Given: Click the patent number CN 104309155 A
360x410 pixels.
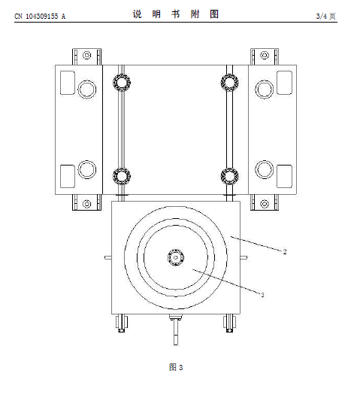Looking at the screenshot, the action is click(x=40, y=17).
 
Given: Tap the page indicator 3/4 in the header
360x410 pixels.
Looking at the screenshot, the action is click(x=322, y=17).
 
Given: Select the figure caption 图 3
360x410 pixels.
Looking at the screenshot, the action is click(x=176, y=367).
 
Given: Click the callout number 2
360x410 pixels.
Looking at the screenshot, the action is click(x=285, y=251).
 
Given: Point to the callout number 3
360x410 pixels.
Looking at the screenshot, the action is click(x=262, y=295).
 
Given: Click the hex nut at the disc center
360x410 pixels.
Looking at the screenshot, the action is click(x=176, y=257).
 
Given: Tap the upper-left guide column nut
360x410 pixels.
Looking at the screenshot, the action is click(x=122, y=83).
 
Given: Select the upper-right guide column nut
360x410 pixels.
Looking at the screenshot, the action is click(x=229, y=83).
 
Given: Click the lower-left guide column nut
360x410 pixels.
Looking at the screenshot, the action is click(x=122, y=176).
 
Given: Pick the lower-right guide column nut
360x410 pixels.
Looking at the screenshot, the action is click(x=229, y=176).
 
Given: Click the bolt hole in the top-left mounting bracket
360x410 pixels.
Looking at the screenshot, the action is click(x=86, y=55).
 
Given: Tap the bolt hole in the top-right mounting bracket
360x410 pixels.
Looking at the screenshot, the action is click(x=265, y=55).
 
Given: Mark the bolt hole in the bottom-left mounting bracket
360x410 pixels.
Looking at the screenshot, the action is click(x=86, y=204).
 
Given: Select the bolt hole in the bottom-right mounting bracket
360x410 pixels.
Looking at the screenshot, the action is click(x=265, y=204).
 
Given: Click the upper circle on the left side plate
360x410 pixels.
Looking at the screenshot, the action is click(x=87, y=90).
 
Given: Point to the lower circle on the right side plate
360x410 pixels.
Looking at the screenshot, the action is click(x=265, y=169).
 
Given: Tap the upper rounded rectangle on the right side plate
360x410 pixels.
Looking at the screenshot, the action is click(x=284, y=83).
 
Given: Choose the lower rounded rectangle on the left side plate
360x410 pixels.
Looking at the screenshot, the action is click(x=68, y=176).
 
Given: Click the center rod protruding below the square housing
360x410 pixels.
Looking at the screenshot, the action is click(x=176, y=330).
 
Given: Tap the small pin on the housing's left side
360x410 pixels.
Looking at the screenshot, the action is click(x=108, y=257).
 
